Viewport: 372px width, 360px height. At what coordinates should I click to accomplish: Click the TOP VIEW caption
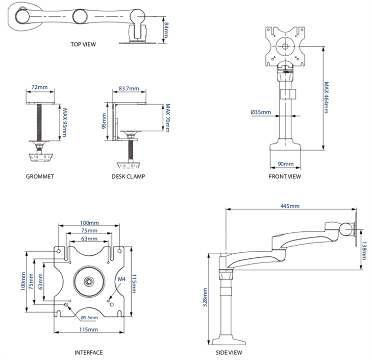point(83,44)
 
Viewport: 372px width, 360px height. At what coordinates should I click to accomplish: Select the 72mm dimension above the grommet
point(39,88)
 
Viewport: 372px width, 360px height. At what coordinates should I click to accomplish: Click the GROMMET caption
point(39,177)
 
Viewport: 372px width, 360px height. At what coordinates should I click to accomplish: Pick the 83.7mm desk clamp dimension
point(129,88)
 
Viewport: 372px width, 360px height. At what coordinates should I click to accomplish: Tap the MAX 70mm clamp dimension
point(167,117)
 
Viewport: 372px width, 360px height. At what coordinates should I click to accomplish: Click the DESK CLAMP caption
point(128,177)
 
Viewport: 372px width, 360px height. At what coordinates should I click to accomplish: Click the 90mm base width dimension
point(285,164)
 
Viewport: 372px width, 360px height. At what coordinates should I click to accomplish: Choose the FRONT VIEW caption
point(285,177)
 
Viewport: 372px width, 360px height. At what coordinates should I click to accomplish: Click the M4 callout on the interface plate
point(121,279)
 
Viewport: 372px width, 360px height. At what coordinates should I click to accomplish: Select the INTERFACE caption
point(89,352)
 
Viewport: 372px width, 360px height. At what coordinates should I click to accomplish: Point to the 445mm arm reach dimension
point(290,206)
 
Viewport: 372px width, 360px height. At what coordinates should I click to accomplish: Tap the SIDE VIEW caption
point(229,352)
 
